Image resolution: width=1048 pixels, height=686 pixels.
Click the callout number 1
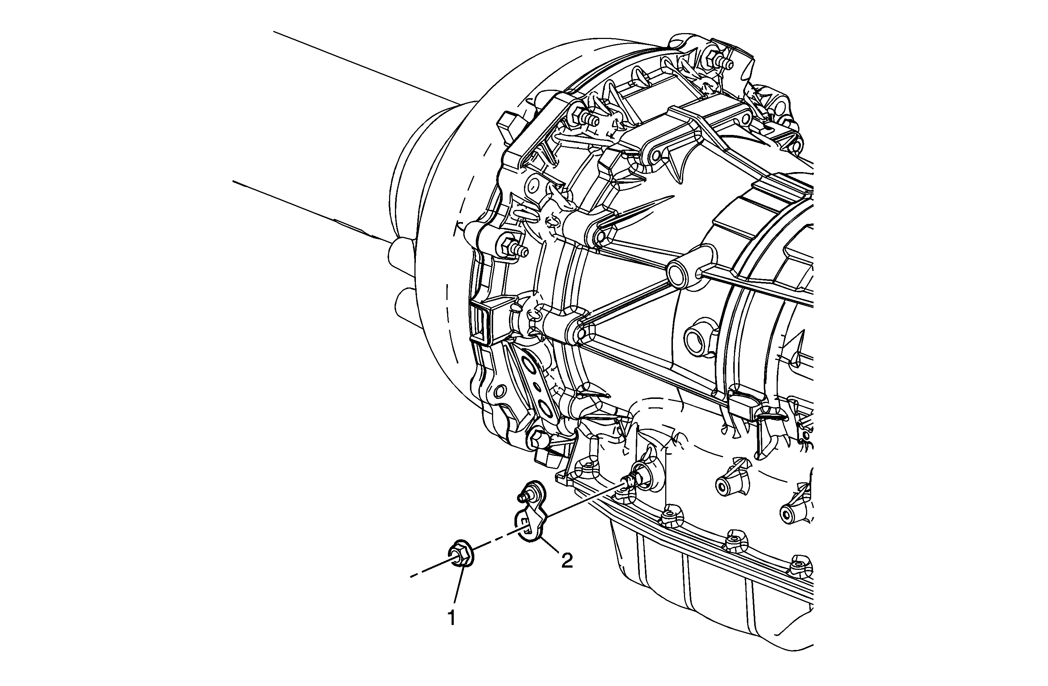(x=451, y=619)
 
